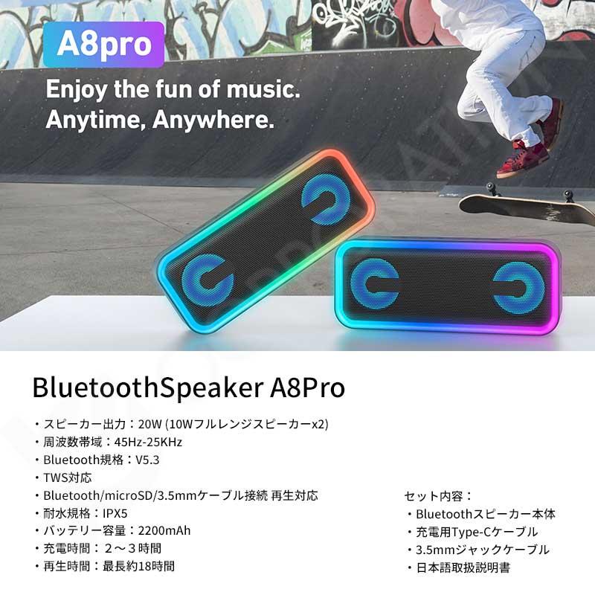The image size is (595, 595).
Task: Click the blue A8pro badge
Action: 103,44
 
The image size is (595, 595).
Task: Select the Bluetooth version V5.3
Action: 147,460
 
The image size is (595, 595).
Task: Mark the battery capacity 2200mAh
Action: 159,531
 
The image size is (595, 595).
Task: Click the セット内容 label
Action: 438,496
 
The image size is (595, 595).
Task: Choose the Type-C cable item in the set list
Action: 476,532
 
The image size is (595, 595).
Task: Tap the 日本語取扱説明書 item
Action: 463,567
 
